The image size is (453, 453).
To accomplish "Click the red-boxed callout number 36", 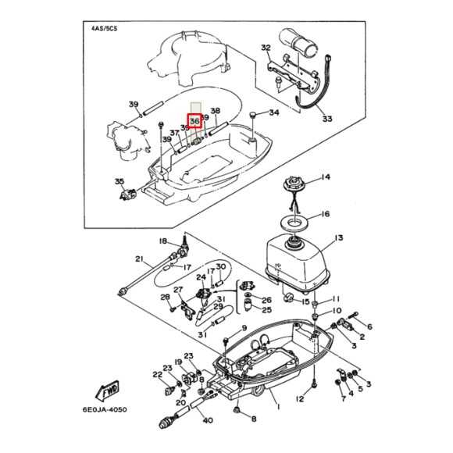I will pyautogui.click(x=195, y=121).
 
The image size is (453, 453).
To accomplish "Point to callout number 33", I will pyautogui.click(x=326, y=119).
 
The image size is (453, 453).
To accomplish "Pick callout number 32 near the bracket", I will pyautogui.click(x=266, y=48).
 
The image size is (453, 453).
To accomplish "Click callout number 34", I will pyautogui.click(x=273, y=112).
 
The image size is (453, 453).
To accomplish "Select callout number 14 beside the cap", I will pyautogui.click(x=326, y=177).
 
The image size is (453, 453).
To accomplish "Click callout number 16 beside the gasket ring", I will pyautogui.click(x=326, y=214).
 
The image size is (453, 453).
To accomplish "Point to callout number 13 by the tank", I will pyautogui.click(x=338, y=237).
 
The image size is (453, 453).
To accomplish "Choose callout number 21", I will pyautogui.click(x=139, y=259).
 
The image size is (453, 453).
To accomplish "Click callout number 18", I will pyautogui.click(x=163, y=241).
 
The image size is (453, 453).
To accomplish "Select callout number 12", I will pyautogui.click(x=299, y=400).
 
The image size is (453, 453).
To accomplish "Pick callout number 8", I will pyautogui.click(x=253, y=419).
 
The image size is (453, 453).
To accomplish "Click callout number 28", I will pyautogui.click(x=165, y=297).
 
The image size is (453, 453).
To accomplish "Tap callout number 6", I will pyautogui.click(x=369, y=326).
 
